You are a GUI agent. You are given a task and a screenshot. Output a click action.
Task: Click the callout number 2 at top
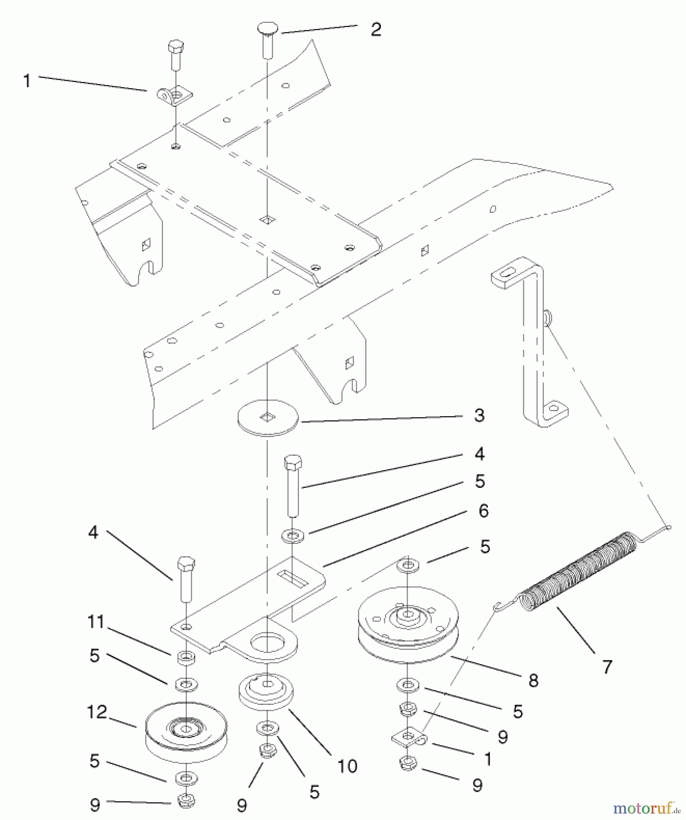point(376,30)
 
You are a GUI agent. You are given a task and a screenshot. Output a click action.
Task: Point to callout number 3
point(479,415)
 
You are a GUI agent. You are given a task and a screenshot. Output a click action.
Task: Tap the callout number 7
point(607,667)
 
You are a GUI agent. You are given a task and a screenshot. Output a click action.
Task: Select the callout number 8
point(533,681)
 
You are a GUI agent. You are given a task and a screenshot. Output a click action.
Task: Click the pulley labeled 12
point(186,733)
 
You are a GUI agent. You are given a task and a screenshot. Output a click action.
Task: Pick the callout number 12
point(97,712)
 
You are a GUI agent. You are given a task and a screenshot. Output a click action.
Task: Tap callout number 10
point(347,766)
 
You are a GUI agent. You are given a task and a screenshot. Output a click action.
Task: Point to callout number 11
point(96,622)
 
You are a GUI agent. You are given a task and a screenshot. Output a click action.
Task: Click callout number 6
point(483,511)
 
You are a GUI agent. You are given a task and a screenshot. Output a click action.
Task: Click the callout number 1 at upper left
point(27,81)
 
